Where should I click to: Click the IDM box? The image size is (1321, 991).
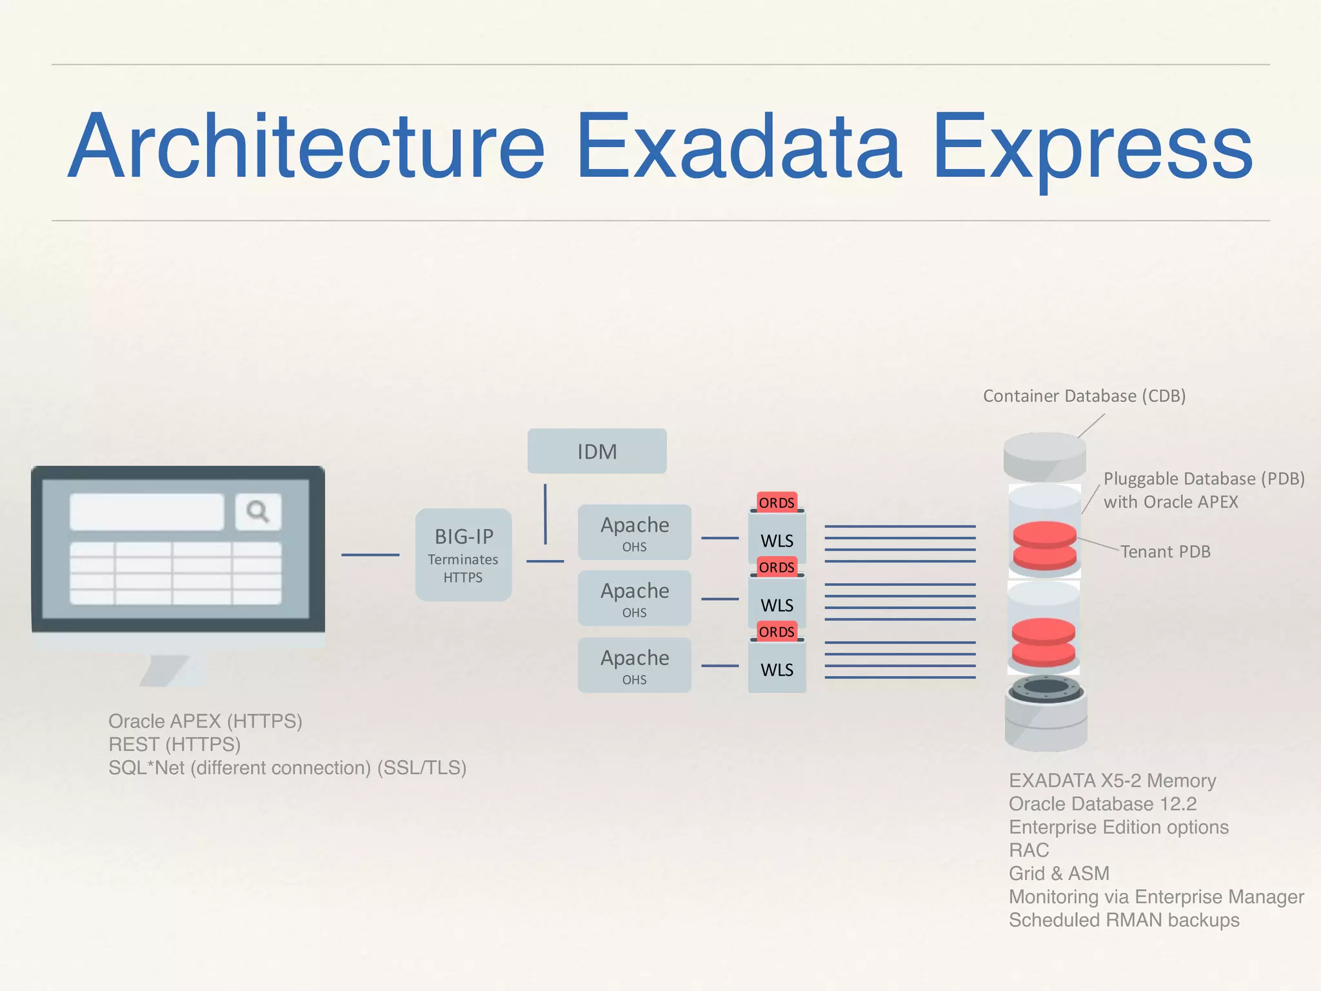[x=597, y=451]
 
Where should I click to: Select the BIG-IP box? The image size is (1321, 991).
[x=463, y=554]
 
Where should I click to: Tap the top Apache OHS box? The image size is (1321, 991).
[x=634, y=532]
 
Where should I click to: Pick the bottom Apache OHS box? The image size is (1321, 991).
[x=634, y=665]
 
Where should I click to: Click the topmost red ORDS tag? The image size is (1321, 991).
[x=777, y=502]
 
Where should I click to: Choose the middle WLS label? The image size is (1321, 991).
[x=777, y=605]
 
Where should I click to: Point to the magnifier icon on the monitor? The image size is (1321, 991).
[x=258, y=512]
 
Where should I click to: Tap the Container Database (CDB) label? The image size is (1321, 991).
[x=1084, y=395]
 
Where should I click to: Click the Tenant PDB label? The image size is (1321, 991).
[x=1165, y=552]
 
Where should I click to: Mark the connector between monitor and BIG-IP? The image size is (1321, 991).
[x=370, y=554]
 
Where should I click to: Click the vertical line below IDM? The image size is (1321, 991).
[x=545, y=514]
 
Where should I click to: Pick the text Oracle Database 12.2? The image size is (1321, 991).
[x=1102, y=804]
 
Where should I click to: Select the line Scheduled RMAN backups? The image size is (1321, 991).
[x=1124, y=920]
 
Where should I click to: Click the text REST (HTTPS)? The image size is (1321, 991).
[x=174, y=745]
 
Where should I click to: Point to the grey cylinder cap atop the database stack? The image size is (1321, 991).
[x=1044, y=454]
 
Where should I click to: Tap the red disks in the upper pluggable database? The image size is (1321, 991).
[x=1044, y=545]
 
